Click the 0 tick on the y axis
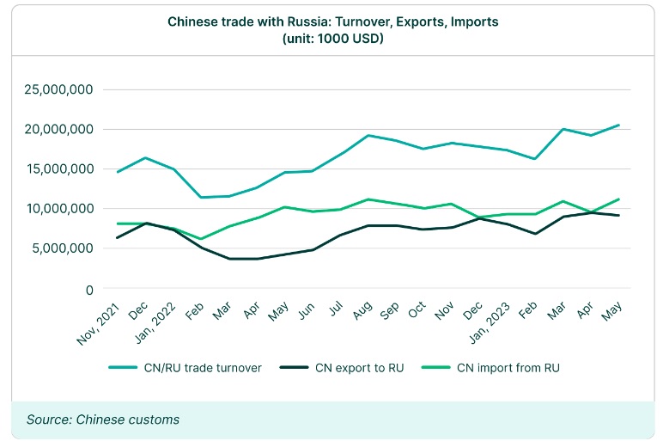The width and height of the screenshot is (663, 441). coord(88,290)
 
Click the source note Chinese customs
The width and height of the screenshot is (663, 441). coord(103,419)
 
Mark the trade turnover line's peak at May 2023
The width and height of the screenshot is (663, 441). coord(618,126)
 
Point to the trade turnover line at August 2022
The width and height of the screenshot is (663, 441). coord(368,135)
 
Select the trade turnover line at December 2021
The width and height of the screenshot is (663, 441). coord(147,158)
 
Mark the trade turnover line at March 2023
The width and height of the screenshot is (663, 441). coord(562,129)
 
